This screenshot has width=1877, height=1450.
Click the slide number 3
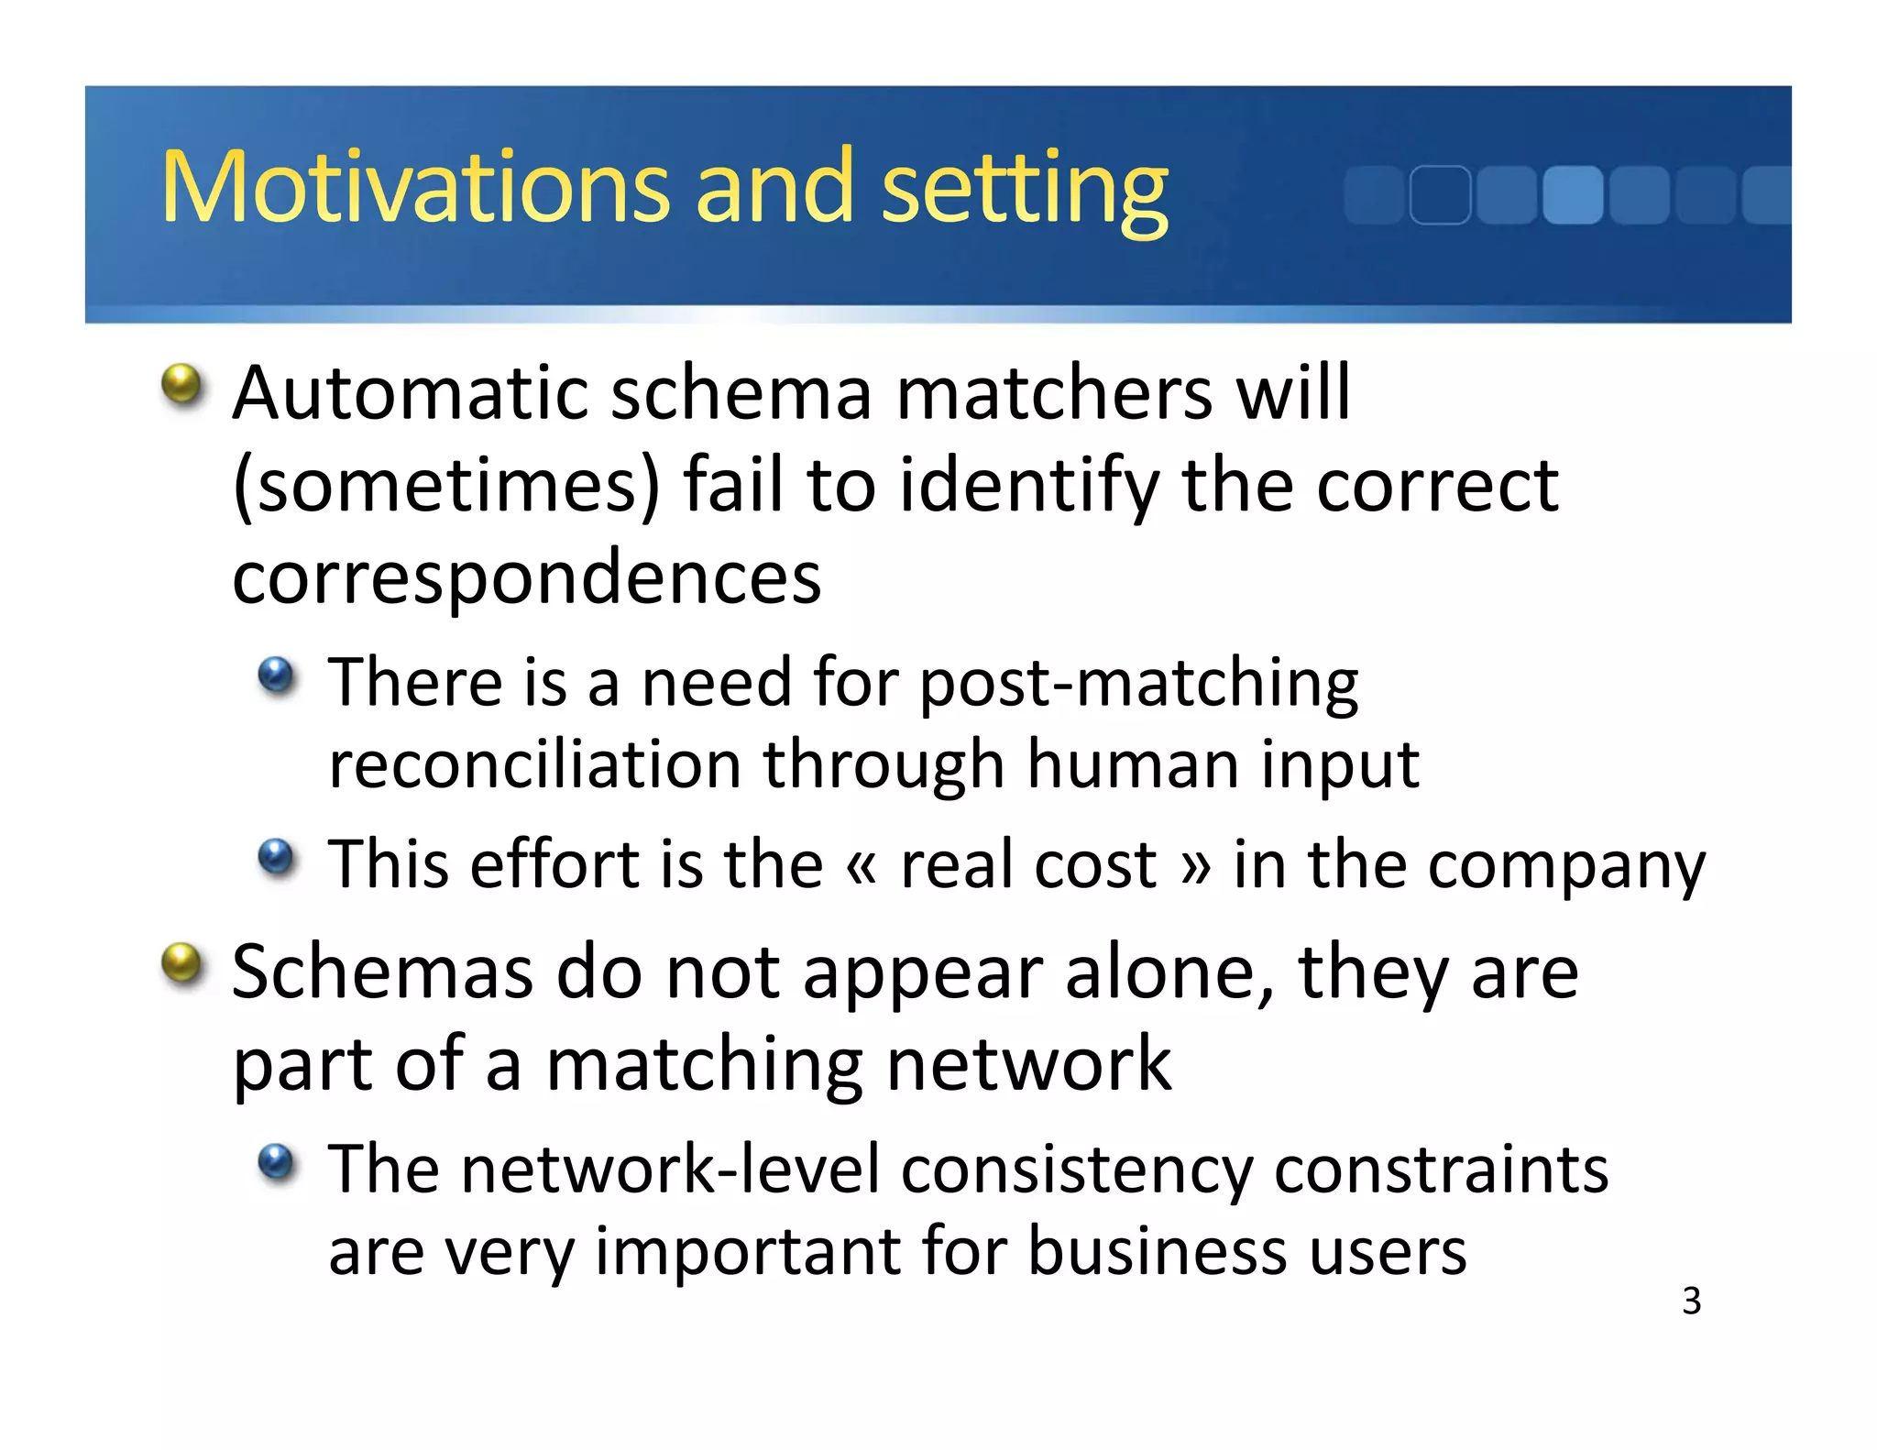tap(1691, 1301)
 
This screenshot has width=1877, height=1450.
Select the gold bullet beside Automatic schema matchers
tap(182, 385)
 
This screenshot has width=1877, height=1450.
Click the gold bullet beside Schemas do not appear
tap(182, 964)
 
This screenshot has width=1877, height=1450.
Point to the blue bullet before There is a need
tap(276, 676)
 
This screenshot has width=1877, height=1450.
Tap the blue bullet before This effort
tap(276, 858)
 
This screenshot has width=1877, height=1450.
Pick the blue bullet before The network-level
tap(276, 1162)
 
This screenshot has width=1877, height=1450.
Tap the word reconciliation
tap(534, 764)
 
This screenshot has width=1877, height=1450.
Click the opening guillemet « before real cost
tap(862, 865)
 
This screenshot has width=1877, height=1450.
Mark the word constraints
tap(1441, 1170)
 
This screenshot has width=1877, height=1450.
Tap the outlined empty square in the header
tap(1440, 194)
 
